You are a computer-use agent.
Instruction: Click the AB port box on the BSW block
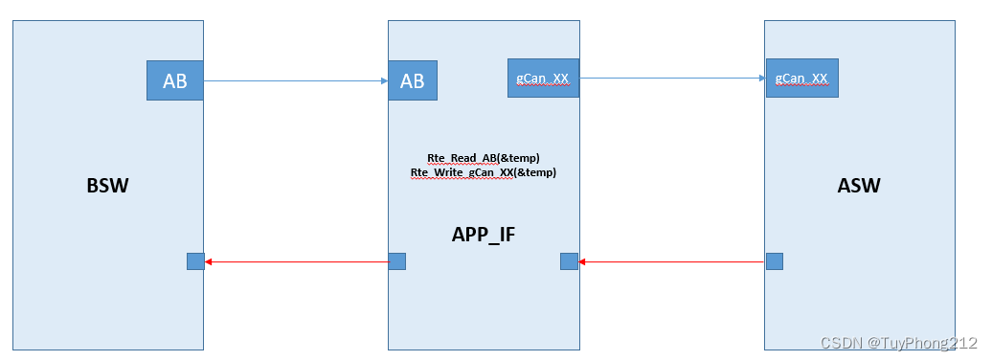coord(174,81)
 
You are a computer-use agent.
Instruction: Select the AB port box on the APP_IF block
coord(413,81)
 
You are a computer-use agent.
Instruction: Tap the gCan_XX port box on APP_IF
coord(543,78)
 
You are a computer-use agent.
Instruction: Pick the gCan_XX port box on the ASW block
coord(802,78)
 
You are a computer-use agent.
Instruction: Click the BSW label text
coord(106,186)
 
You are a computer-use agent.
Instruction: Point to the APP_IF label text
coord(484,233)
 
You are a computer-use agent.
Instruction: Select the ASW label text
coord(858,186)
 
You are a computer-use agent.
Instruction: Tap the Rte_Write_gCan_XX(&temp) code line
coord(484,173)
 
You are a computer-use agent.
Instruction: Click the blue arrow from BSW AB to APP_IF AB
coord(297,81)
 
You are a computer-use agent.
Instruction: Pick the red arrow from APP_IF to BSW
coord(297,261)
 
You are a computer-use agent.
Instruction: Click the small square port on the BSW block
coord(195,261)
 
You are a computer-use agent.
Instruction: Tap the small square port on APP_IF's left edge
coord(397,261)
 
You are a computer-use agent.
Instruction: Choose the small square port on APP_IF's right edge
coord(569,261)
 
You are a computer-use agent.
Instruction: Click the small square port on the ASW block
coord(775,261)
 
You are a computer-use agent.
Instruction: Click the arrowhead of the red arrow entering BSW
coord(210,261)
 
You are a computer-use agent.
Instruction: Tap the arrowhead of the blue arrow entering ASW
coord(762,78)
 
